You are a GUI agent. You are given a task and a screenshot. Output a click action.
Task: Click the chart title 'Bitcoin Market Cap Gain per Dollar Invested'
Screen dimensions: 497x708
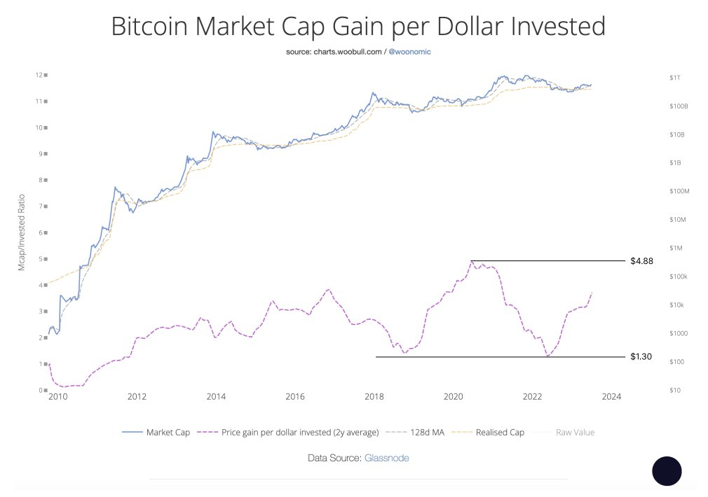point(358,27)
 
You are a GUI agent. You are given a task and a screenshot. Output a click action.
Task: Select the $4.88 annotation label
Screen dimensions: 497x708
point(641,261)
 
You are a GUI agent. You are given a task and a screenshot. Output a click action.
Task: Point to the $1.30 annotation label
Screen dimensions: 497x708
point(641,357)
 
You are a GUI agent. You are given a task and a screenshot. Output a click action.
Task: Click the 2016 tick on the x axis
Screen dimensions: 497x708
point(295,397)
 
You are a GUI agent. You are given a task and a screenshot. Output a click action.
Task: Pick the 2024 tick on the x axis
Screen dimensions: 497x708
point(611,397)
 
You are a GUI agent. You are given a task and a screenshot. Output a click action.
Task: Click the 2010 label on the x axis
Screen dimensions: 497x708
point(57,397)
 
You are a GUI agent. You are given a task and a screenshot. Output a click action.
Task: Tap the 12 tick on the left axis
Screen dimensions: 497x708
point(41,75)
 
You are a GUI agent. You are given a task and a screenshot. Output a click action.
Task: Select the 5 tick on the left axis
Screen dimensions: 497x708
point(43,259)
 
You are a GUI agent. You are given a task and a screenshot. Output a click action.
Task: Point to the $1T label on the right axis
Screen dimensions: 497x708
point(674,77)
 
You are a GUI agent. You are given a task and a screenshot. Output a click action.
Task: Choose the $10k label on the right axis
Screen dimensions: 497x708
point(676,305)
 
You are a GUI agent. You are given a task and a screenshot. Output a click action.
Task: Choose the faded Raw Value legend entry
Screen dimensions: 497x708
point(576,432)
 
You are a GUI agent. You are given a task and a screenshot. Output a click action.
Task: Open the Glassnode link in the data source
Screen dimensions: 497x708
point(386,458)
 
